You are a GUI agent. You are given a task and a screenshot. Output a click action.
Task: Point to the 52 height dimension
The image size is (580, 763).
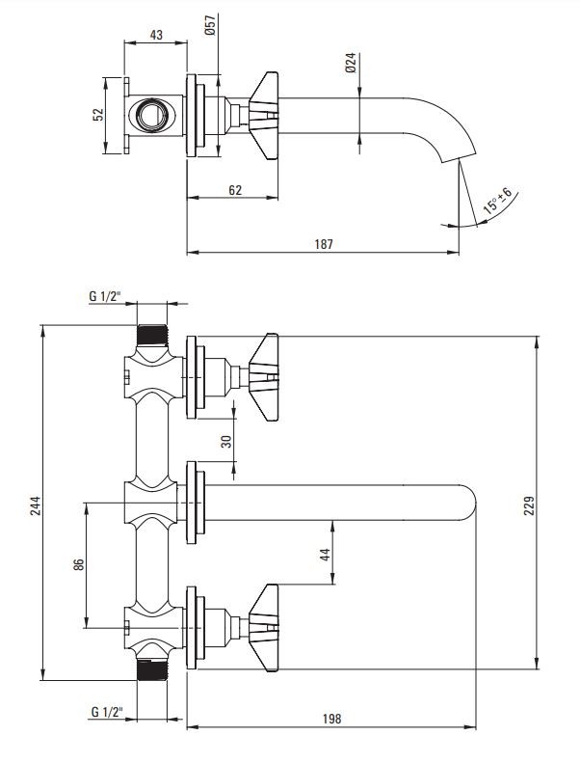coord(97,114)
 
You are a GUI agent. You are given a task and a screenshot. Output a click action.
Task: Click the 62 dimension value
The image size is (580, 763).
coord(234,190)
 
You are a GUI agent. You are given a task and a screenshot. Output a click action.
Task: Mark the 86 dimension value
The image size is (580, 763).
coord(78,564)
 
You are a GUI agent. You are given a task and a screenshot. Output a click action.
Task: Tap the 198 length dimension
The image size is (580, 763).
coord(332,719)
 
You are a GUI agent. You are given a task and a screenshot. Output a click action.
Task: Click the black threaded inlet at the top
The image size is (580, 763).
coord(151,336)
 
